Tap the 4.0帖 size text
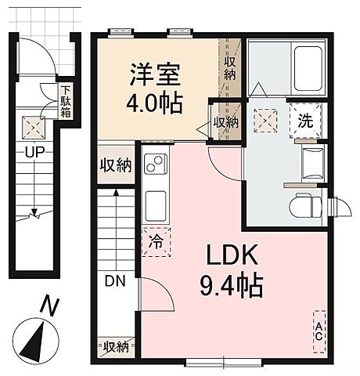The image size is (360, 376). point(156,103)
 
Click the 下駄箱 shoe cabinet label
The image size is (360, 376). point(69,100)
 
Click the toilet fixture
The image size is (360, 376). point(306,207)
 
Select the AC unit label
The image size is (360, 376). point(319,331)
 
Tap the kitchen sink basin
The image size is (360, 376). point(154,199)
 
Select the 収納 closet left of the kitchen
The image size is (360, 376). point(115,166)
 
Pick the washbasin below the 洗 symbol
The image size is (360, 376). point(311,160)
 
